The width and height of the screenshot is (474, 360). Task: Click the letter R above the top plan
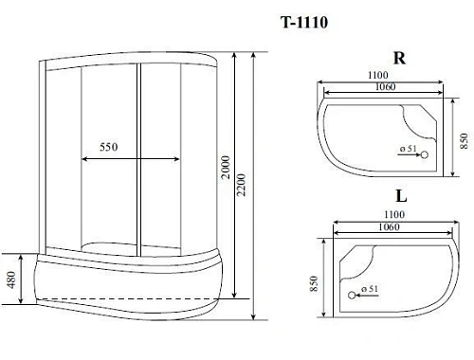tap(399, 58)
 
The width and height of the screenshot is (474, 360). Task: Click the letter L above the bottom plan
tap(401, 197)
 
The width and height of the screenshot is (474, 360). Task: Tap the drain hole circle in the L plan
tap(355, 292)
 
